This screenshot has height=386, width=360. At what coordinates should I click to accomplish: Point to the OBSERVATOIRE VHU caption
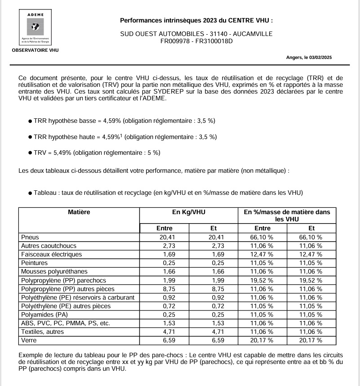click(x=36, y=50)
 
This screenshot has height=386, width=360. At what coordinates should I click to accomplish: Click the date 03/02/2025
click(x=320, y=57)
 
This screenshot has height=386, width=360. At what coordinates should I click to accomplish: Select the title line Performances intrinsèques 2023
click(x=196, y=20)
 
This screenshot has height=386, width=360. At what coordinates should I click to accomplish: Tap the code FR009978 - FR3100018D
click(x=196, y=41)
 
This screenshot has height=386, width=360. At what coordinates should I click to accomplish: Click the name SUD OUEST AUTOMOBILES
click(x=161, y=34)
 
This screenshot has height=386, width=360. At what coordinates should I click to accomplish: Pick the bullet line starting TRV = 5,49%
click(x=97, y=153)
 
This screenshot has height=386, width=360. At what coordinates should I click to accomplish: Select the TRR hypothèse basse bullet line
click(x=124, y=121)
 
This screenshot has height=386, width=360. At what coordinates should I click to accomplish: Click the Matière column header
click(x=79, y=211)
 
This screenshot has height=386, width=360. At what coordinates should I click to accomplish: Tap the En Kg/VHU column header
click(x=188, y=211)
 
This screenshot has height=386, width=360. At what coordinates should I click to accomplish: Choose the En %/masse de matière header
click(x=287, y=215)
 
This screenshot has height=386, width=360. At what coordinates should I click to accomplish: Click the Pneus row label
click(x=31, y=237)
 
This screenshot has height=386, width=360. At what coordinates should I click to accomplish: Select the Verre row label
click(x=29, y=340)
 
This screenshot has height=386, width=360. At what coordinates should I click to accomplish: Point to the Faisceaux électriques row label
click(x=52, y=254)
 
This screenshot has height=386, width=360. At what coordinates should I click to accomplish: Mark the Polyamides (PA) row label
click(x=44, y=314)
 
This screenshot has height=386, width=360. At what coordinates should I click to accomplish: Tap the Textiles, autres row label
click(x=43, y=332)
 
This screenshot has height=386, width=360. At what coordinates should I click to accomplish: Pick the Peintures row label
click(x=36, y=263)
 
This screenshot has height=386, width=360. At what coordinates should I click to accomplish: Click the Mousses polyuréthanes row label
click(x=54, y=271)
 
